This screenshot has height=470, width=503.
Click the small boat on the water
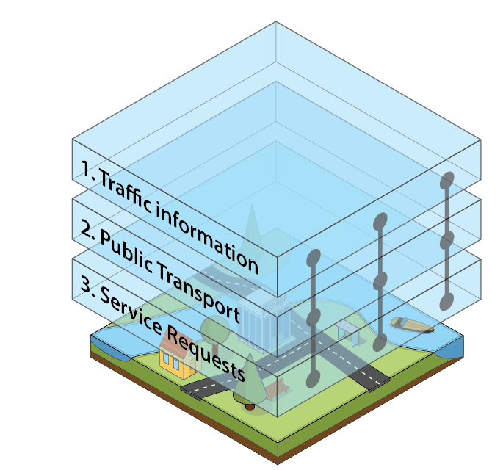(411, 324)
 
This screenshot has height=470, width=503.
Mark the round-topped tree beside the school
(216, 328)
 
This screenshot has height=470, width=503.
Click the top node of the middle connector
(380, 220)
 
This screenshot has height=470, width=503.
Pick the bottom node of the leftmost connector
(313, 379)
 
